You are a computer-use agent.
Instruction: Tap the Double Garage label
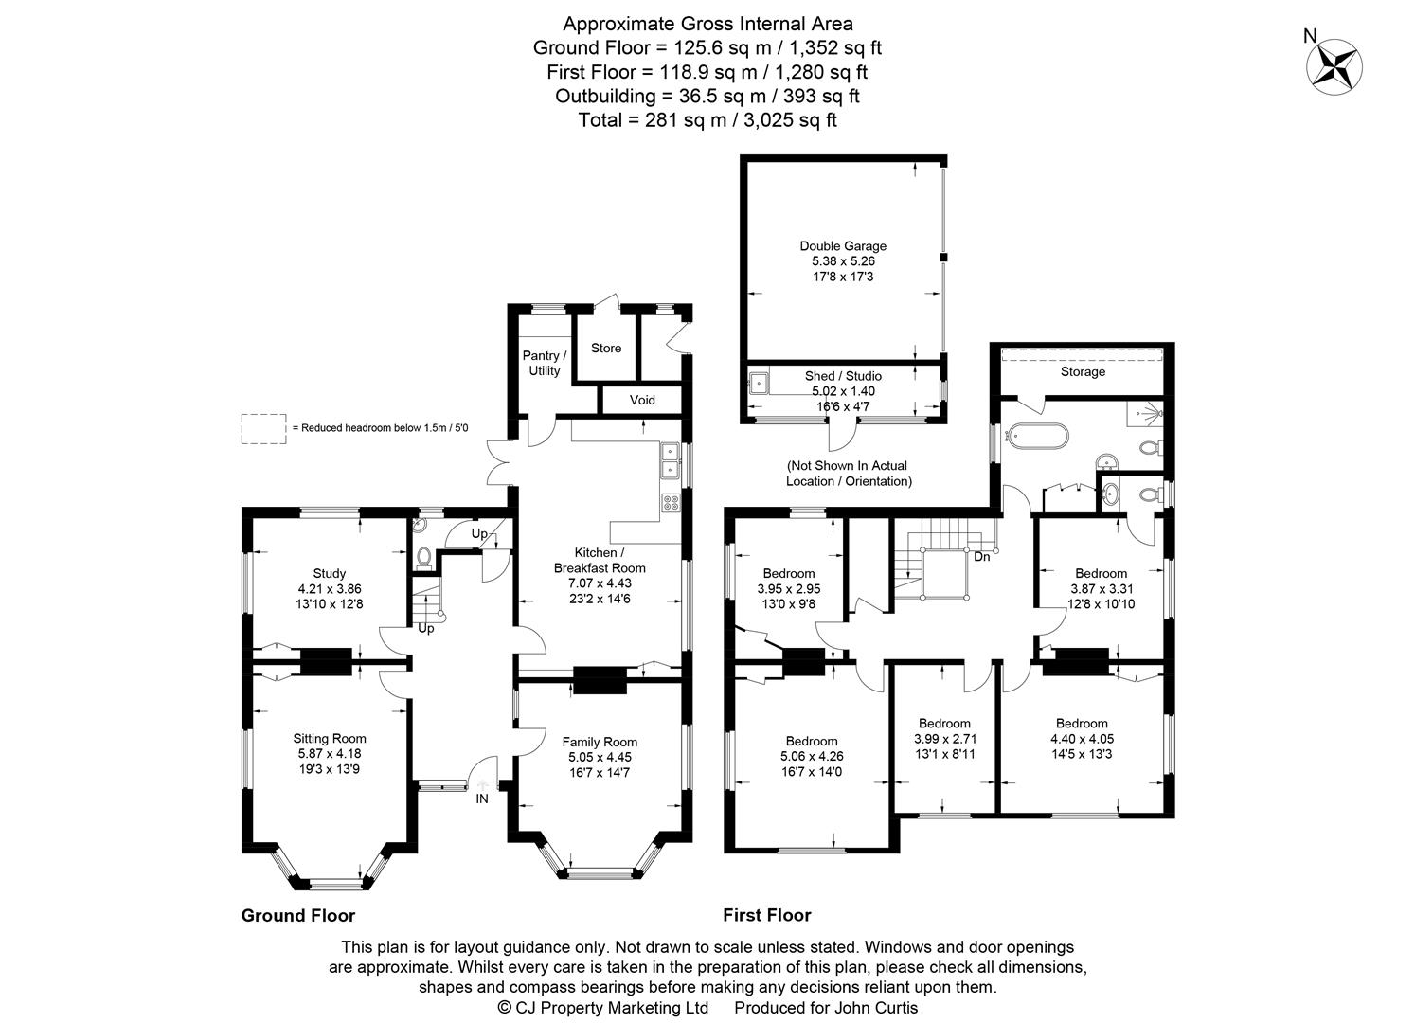pyautogui.click(x=843, y=246)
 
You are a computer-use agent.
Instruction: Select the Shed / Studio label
pyautogui.click(x=843, y=376)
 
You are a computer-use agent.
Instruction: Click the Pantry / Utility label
pyautogui.click(x=544, y=363)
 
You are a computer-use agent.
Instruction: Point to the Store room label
pyautogui.click(x=606, y=348)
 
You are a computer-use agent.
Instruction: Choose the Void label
pyautogui.click(x=642, y=400)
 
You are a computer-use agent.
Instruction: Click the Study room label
pyautogui.click(x=330, y=573)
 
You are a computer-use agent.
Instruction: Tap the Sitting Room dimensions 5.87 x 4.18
pyautogui.click(x=330, y=754)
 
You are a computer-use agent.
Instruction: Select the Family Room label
pyautogui.click(x=600, y=742)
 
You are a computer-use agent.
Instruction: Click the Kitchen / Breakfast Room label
pyautogui.click(x=600, y=560)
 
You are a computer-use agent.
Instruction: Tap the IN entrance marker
pyautogui.click(x=482, y=799)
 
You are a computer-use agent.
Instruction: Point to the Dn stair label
pyautogui.click(x=982, y=556)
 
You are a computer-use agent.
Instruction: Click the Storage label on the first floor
pyautogui.click(x=1083, y=372)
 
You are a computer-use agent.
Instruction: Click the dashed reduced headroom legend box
pyautogui.click(x=263, y=428)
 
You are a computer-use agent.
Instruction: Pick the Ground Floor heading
pyautogui.click(x=298, y=915)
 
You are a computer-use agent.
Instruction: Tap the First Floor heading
pyautogui.click(x=767, y=915)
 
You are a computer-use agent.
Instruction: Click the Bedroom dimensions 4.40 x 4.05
pyautogui.click(x=1083, y=739)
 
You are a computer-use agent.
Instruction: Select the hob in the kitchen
pyautogui.click(x=671, y=503)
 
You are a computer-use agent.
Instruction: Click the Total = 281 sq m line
pyautogui.click(x=707, y=120)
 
